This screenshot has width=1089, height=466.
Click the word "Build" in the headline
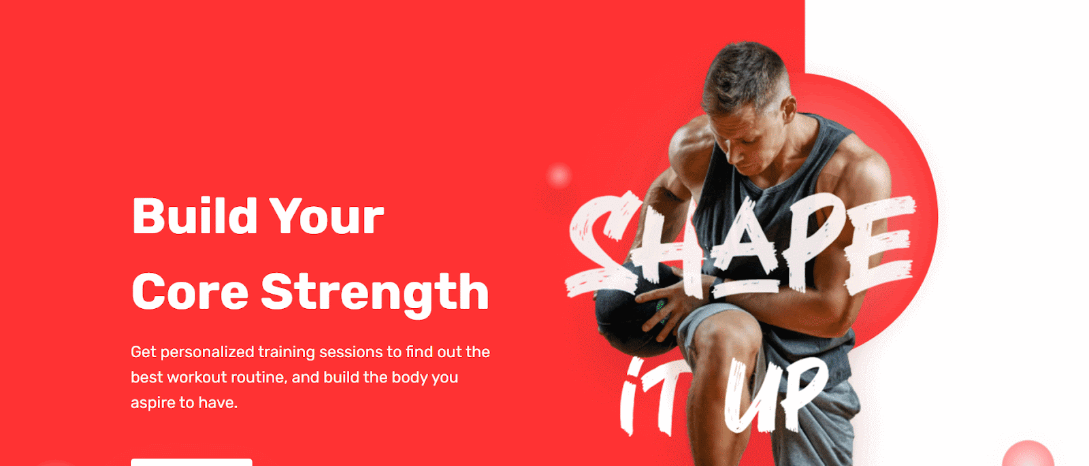(195, 216)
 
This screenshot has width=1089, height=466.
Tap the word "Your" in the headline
(327, 216)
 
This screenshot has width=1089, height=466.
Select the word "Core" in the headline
(190, 291)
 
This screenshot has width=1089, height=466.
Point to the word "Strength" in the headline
(375, 293)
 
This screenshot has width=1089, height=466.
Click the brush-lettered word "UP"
(775, 396)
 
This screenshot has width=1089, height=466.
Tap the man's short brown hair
(744, 73)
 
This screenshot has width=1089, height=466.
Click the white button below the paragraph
(191, 462)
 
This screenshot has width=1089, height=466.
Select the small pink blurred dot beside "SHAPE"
(559, 176)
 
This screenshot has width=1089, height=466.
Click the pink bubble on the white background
(1028, 454)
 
